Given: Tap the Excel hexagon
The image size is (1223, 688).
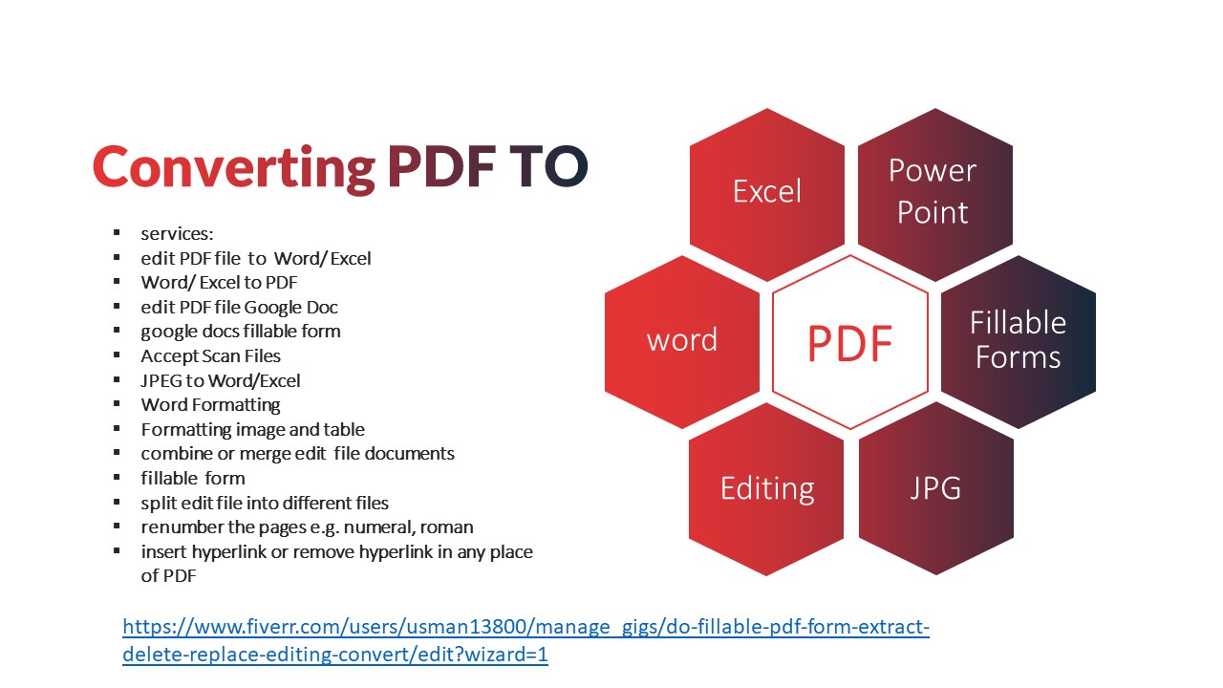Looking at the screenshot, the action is [x=767, y=195].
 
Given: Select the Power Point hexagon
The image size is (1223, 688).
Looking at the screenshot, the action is [x=935, y=195].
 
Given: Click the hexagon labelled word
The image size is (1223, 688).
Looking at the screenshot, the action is [x=682, y=342].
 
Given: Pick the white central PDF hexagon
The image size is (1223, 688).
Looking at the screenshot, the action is [x=850, y=342].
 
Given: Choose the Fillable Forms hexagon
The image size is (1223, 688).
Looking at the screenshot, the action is [x=1019, y=342].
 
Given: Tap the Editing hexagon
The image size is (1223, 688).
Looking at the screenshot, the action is [x=766, y=489].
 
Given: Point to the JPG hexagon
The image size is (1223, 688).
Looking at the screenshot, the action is [x=936, y=489].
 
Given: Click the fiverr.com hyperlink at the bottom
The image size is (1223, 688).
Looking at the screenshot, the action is [x=526, y=640].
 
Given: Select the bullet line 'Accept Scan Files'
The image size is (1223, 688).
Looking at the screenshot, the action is [x=210, y=356].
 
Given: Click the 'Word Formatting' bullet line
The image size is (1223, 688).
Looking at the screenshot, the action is [x=210, y=405].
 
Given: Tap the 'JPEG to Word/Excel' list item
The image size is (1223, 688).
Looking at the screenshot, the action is [x=221, y=380].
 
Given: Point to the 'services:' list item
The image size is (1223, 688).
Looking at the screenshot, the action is [x=177, y=234].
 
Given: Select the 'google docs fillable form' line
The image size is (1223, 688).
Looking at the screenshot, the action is [x=240, y=332].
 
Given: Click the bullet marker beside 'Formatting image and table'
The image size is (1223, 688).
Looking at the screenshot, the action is [x=117, y=429].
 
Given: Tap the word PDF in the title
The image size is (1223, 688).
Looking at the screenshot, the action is [x=441, y=166].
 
